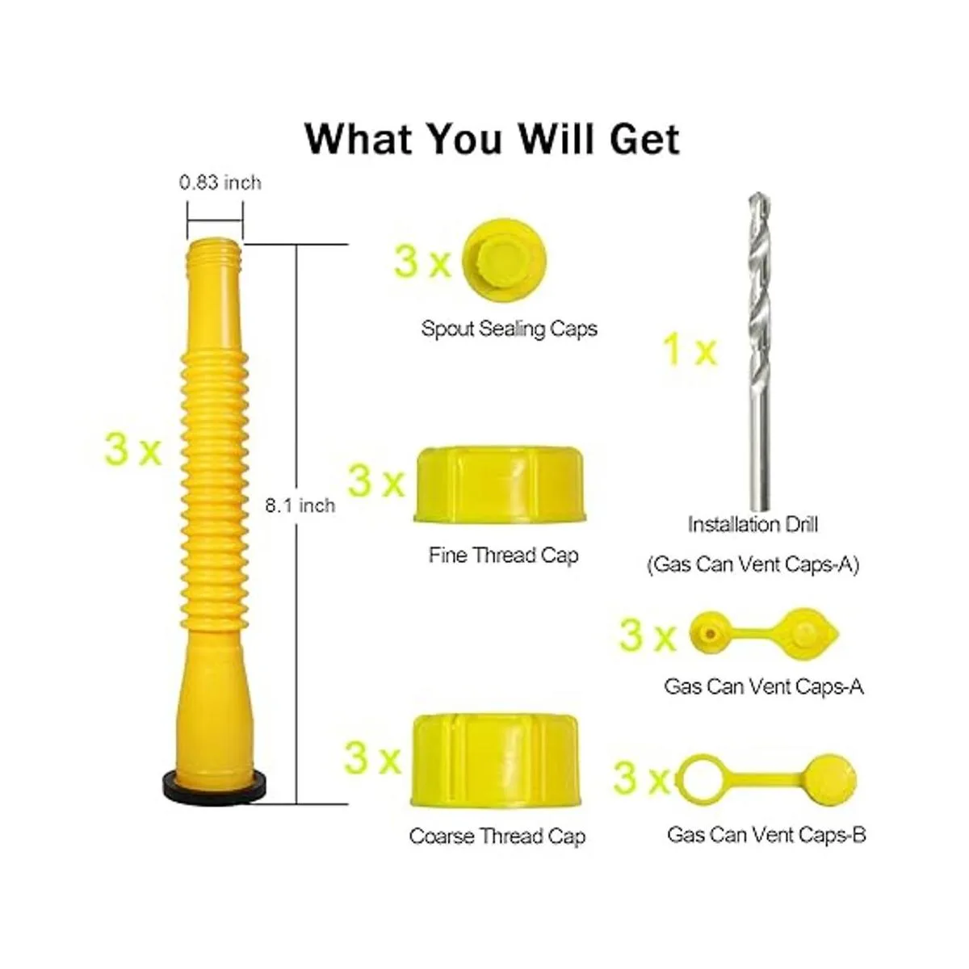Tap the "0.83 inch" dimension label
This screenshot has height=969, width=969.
tap(220, 182)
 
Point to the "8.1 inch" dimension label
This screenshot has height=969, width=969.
tap(300, 505)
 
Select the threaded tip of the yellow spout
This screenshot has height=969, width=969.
tap(215, 251)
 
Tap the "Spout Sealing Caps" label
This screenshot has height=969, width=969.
tap(509, 329)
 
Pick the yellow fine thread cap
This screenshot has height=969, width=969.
tap(500, 484)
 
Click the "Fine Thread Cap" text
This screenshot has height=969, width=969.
tap(503, 555)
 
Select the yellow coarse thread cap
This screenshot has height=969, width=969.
tap(497, 761)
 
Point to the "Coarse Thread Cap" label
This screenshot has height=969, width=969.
tap(497, 837)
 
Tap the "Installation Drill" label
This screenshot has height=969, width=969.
tap(753, 525)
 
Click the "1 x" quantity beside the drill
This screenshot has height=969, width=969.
tap(690, 351)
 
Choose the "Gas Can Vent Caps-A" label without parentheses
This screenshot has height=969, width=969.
tap(764, 686)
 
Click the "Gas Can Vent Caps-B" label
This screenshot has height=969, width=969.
tap(767, 835)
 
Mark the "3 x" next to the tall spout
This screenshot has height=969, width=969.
tap(133, 450)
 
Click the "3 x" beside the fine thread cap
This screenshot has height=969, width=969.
tap(376, 482)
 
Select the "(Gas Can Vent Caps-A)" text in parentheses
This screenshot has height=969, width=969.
tap(753, 564)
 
